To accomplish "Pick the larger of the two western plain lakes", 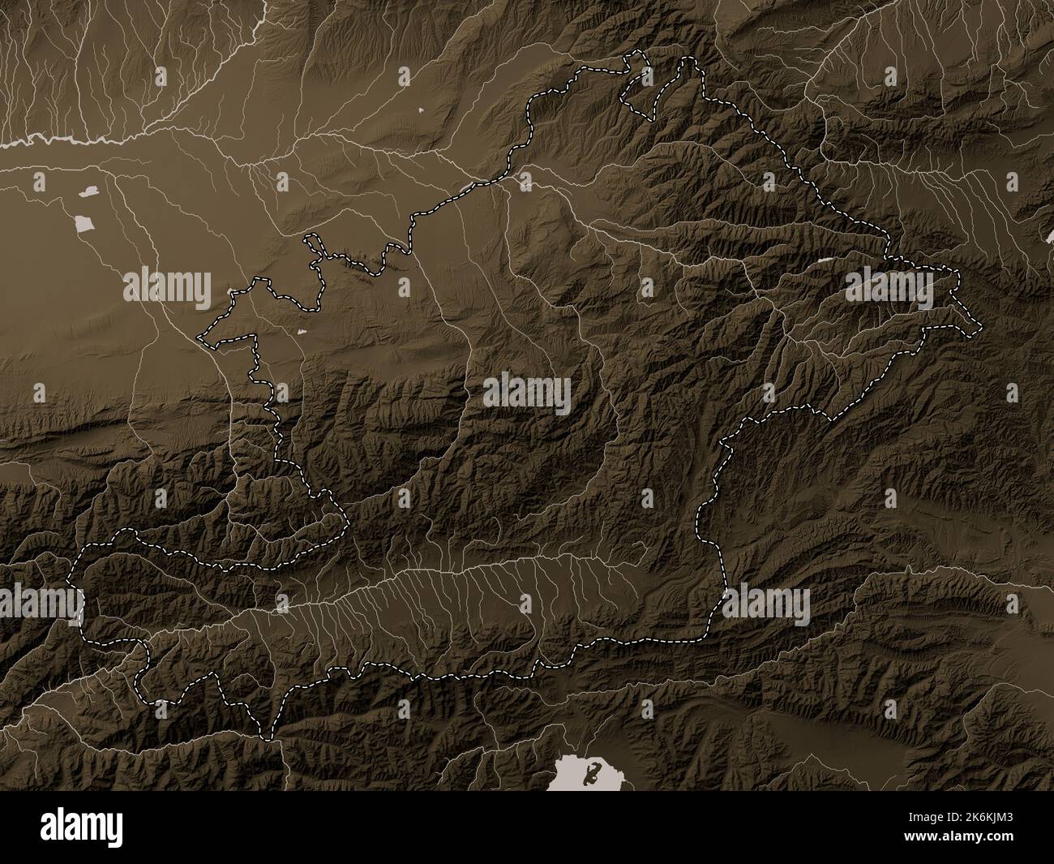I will click(83, 224).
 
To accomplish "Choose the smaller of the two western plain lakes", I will click(88, 192).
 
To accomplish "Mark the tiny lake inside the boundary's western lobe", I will click(302, 332).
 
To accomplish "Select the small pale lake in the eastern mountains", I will click(825, 260).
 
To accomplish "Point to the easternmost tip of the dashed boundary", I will click(980, 328).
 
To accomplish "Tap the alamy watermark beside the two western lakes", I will click(167, 286).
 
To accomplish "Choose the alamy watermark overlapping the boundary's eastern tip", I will click(889, 288).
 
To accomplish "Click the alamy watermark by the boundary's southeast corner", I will click(765, 604).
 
